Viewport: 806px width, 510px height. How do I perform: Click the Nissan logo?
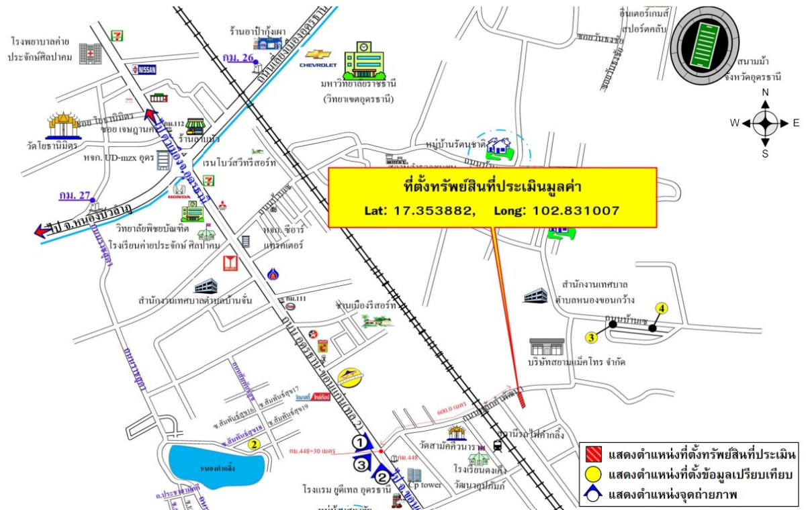point(145,68)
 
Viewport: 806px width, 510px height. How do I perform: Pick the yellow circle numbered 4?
point(662,309)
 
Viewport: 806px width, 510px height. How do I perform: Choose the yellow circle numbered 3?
point(591,337)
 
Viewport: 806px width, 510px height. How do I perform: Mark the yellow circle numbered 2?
point(254,444)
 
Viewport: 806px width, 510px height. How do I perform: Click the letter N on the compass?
point(765,93)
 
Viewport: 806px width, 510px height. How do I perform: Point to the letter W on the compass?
point(735,123)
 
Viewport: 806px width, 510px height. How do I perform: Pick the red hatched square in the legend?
point(593,455)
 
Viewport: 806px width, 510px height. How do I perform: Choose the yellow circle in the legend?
point(593,475)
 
